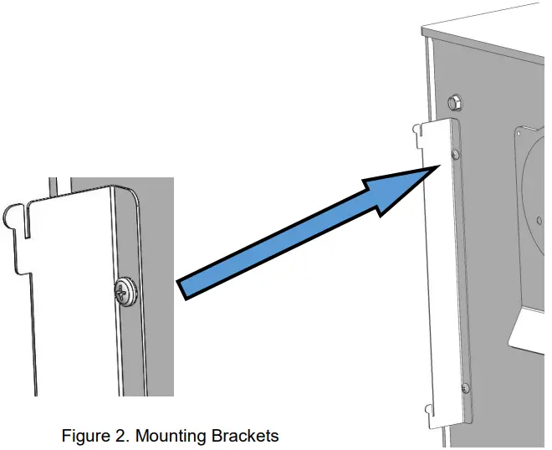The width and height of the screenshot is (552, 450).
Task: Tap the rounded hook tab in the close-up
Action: pos(13,217)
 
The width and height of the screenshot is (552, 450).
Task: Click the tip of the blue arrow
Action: pos(437,167)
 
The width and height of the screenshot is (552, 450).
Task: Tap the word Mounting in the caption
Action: pos(170,436)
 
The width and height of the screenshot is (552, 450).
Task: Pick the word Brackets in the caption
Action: pos(243,436)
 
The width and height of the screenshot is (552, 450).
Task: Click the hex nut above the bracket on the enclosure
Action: pos(456,104)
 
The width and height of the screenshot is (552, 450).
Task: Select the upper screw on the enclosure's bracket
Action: pos(454,156)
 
